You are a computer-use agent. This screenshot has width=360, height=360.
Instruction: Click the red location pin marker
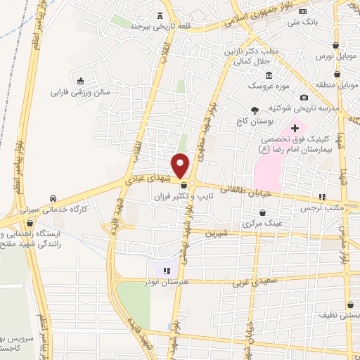pyautogui.click(x=181, y=166)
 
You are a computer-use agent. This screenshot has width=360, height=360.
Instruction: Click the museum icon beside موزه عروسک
pyautogui.click(x=269, y=75)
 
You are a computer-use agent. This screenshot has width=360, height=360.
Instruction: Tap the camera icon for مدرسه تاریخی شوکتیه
pyautogui.click(x=304, y=97)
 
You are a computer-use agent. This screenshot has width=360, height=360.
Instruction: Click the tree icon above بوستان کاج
pyautogui.click(x=255, y=110)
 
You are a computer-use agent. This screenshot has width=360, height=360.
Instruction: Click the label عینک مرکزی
pyautogui.click(x=262, y=223)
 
